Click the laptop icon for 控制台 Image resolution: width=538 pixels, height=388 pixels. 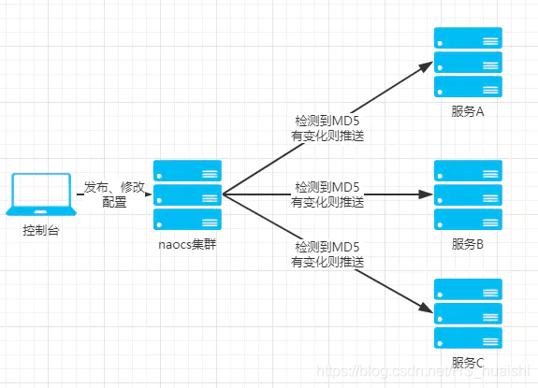[x=40, y=194]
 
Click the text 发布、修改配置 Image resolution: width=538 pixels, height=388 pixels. [x=113, y=194]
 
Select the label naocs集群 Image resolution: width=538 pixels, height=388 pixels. [x=187, y=246]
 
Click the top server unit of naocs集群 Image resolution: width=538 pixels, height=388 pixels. [x=188, y=171]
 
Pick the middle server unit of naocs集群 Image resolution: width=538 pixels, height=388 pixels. [x=188, y=195]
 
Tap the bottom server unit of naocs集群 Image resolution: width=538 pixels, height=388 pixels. [x=188, y=220]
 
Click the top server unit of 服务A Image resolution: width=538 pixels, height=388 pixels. [x=468, y=38]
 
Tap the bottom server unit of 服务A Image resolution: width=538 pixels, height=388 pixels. [x=468, y=87]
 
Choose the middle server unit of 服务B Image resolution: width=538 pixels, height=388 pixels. [x=468, y=195]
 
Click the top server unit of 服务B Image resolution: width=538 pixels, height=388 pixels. [x=468, y=171]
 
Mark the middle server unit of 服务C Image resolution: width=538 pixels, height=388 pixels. [x=468, y=313]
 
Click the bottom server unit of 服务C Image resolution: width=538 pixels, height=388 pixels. [x=468, y=338]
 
